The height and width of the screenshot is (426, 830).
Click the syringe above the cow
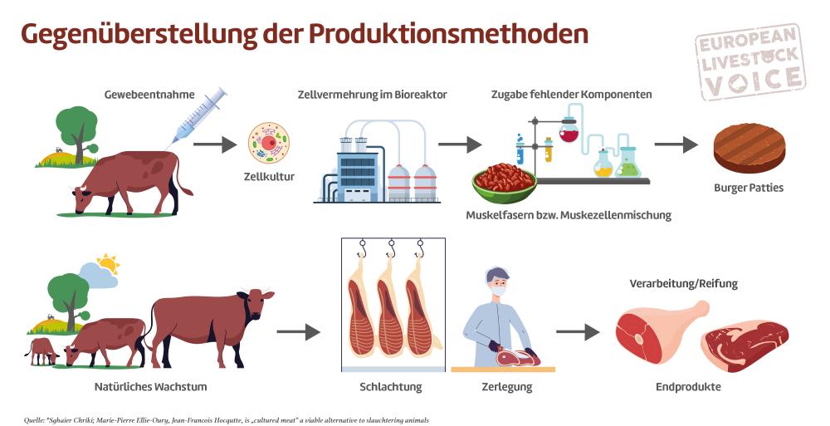pos(199,116)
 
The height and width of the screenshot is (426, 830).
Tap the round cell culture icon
pos(269,143)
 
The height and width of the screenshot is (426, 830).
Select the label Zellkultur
pos(269,176)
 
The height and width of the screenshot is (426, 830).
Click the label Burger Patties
pos(749,188)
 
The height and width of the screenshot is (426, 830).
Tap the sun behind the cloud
pos(109,265)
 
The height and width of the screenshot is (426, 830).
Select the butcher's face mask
pos(499,291)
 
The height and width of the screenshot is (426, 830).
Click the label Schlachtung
pos(391,387)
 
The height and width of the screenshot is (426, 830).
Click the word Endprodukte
pos(688,387)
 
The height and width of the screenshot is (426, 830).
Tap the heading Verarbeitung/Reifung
pos(685,283)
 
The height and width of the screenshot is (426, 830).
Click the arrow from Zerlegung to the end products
pos(578,332)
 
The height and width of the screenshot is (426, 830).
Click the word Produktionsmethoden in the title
pos(449,34)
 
